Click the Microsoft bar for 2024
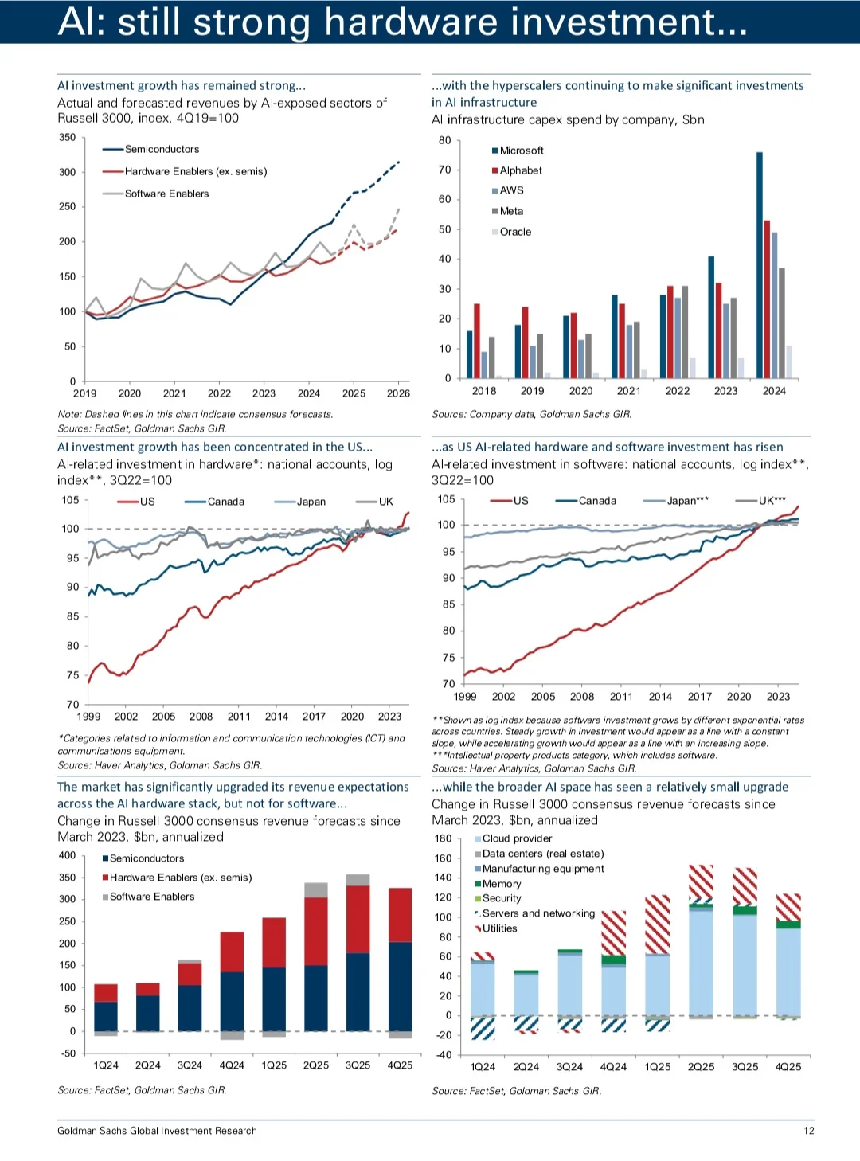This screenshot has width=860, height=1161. coord(760,265)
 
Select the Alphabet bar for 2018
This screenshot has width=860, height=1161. coord(477,341)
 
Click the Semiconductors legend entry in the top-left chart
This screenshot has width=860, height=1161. coord(151,149)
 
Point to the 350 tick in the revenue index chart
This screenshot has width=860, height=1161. coord(67,137)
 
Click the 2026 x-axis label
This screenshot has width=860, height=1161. coord(398,393)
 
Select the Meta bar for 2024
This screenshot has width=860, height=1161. coord(781,323)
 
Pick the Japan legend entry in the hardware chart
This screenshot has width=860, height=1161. coord(300,502)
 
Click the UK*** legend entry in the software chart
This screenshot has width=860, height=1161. coord(761,500)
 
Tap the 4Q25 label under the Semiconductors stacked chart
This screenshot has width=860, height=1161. coord(400,1065)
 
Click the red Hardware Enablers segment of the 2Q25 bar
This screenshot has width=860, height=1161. coord(316,931)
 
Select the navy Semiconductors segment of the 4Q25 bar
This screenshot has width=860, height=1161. coord(400,987)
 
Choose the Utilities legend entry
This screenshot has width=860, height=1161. coord(498,928)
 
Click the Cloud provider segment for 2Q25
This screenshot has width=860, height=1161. coord(701,964)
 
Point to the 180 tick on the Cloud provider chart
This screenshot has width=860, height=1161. coord(443,838)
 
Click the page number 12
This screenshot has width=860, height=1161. coord(809,1131)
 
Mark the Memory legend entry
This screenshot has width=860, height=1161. coord(498,884)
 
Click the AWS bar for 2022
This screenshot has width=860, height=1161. coord(678,338)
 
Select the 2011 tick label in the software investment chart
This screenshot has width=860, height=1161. coord(621,696)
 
